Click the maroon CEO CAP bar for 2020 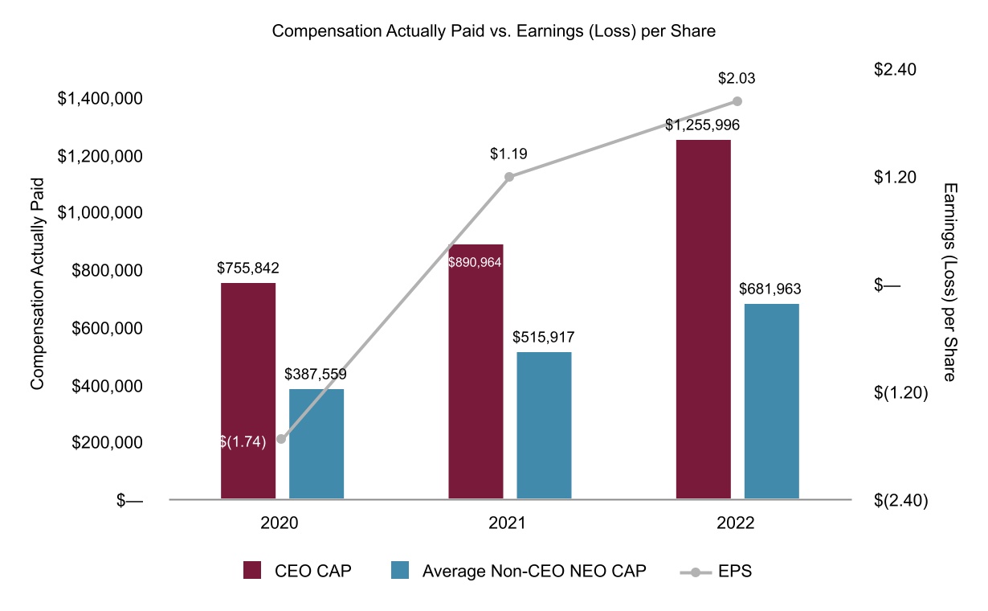(x=248, y=391)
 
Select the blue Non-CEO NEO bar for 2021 (x=545, y=425)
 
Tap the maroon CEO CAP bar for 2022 (x=704, y=319)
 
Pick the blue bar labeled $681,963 (x=772, y=401)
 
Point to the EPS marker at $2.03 (x=737, y=101)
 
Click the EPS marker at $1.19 (x=509, y=177)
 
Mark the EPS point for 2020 (x=281, y=439)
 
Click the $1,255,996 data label (x=702, y=125)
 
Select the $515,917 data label (x=543, y=338)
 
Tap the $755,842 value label (x=248, y=268)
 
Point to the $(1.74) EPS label (x=243, y=441)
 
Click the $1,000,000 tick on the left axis (x=100, y=213)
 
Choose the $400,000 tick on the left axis (x=107, y=386)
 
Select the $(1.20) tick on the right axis (x=901, y=392)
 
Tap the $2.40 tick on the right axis (x=895, y=69)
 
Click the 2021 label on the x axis (x=507, y=523)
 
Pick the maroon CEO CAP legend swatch (x=252, y=570)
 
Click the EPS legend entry (x=716, y=572)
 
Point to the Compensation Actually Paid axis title (x=38, y=284)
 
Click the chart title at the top (x=493, y=31)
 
